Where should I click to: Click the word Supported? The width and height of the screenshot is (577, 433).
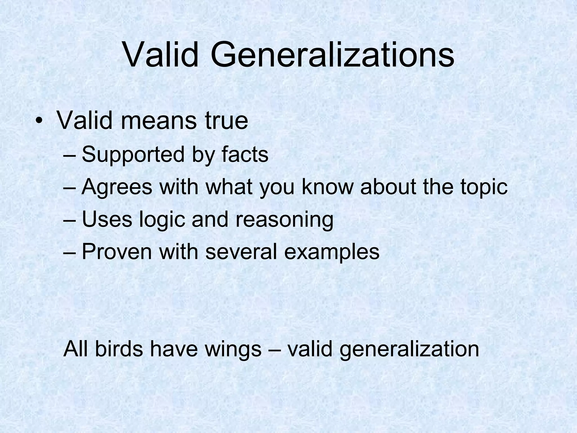[x=133, y=155]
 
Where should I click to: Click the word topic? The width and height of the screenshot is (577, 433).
[x=484, y=187]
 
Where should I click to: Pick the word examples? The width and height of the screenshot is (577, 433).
[x=332, y=252]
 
